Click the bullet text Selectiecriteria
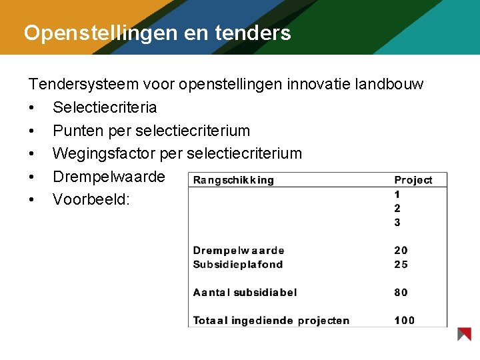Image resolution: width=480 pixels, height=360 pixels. tap(105, 107)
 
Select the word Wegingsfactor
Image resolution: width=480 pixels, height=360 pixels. tap(103, 153)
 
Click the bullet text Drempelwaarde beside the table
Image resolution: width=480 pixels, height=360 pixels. tap(109, 177)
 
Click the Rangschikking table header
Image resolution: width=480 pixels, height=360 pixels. tap(233, 180)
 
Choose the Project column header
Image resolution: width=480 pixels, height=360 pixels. tap(413, 180)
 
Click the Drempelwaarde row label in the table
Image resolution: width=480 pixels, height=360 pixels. tap(238, 251)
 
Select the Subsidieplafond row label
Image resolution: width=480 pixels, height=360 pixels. tap(237, 265)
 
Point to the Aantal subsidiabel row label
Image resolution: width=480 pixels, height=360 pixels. tap(245, 292)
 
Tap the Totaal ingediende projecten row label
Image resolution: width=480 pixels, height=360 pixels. tap(271, 321)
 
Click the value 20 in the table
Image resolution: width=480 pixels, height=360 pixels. tap(401, 251)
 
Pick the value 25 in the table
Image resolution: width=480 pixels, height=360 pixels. tap(401, 265)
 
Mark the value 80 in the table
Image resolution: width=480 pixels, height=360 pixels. tap(401, 292)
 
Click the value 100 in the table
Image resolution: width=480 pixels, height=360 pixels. tap(404, 321)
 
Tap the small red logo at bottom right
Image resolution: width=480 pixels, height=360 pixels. tap(464, 334)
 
